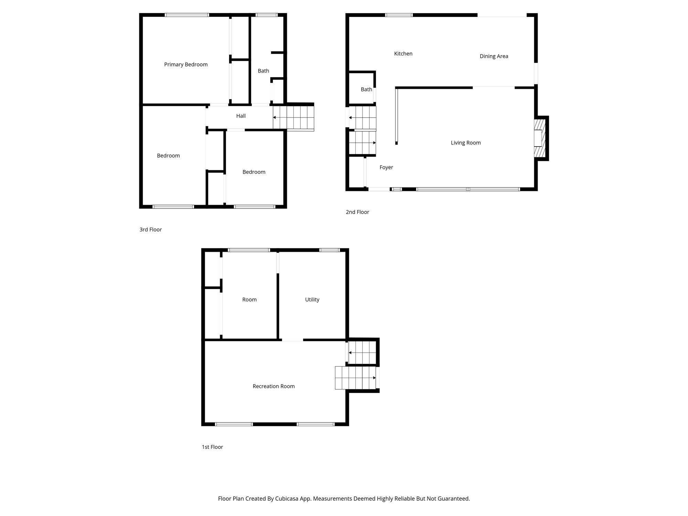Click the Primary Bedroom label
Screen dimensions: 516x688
[x=186, y=64]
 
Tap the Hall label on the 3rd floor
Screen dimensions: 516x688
[x=241, y=116]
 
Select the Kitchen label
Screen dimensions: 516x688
[x=403, y=54]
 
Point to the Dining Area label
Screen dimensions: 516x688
[x=494, y=56]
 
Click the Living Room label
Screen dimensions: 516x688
[x=465, y=143]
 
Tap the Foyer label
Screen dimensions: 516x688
[x=386, y=168]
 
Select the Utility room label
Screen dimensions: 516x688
[x=312, y=300]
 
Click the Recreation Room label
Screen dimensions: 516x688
[x=273, y=386]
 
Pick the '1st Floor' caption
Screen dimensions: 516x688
[x=212, y=447]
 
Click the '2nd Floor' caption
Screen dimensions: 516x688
[x=357, y=212]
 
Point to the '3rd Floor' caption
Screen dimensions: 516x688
[x=150, y=229]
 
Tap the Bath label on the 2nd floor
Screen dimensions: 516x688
[x=366, y=89]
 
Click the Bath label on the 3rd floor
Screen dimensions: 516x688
[x=263, y=71]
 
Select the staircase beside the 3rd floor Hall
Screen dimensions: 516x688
[x=293, y=117]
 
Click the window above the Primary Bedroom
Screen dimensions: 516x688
[x=187, y=15]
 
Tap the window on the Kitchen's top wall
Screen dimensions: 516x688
[x=399, y=15]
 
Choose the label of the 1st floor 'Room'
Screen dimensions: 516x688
[x=249, y=300]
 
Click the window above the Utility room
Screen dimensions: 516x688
[x=329, y=250]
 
